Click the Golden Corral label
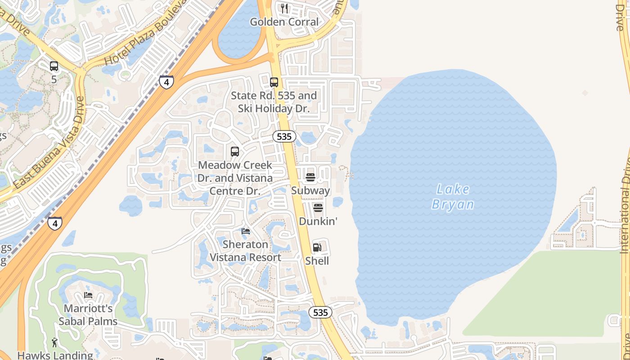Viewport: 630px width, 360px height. pos(284,22)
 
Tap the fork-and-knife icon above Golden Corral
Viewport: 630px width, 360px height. pos(284,8)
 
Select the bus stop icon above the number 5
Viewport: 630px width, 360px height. pos(54,66)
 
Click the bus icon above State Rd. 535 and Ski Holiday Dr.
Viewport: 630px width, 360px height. pos(274,82)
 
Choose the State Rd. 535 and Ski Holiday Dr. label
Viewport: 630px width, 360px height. pos(274,102)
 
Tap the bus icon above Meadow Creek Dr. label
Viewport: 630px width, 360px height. pos(235,152)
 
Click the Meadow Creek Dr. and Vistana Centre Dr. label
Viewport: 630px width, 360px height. pos(235,178)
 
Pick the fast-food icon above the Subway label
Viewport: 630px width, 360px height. pos(310,177)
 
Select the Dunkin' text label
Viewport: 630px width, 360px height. pos(318,221)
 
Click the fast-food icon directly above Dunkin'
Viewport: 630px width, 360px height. pos(318,208)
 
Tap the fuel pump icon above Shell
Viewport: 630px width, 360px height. pos(317,247)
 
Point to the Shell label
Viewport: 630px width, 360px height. pos(317,261)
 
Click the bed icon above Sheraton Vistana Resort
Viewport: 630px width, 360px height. pos(246,231)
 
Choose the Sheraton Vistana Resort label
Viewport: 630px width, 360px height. pos(246,251)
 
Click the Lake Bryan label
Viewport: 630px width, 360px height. pos(453,197)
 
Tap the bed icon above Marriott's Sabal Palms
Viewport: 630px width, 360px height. pos(88,296)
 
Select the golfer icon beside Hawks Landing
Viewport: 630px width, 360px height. pos(55,342)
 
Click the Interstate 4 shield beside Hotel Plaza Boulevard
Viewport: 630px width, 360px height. pos(166,82)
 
